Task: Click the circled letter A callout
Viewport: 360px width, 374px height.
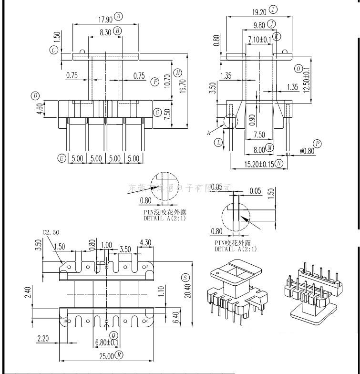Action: pos(119,17)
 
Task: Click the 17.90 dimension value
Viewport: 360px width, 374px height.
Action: pos(105,20)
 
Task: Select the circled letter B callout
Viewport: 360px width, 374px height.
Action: pos(118,31)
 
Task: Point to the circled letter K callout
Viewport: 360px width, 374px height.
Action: pos(277,36)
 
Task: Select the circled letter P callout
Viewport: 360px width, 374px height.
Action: pos(317,144)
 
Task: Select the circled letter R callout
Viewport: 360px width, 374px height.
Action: pos(119,355)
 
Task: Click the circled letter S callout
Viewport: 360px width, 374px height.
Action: pos(185,278)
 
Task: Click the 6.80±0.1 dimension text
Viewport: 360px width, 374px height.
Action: pos(107,342)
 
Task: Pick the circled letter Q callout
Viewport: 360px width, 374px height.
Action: pos(113,334)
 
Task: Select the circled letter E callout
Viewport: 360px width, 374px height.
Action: pos(62,158)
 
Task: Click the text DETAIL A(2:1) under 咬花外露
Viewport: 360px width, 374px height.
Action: pos(236,249)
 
